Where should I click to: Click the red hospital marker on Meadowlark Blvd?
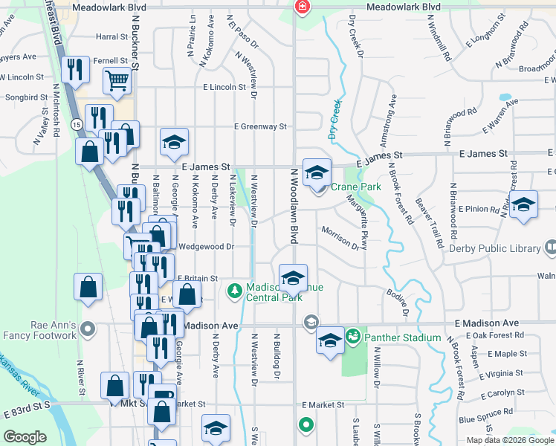[302, 7]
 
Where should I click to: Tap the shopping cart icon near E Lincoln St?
[117, 81]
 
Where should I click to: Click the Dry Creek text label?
[334, 120]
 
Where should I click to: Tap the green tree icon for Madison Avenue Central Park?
[235, 289]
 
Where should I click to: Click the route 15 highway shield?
[77, 123]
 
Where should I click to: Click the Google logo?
[25, 437]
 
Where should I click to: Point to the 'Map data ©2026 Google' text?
[510, 440]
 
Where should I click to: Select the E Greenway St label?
[260, 127]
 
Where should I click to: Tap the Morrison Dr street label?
[340, 239]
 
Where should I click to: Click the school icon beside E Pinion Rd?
[523, 206]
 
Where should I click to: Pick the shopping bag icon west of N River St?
[88, 288]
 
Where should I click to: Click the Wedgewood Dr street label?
[207, 246]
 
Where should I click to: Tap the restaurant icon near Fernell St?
[76, 71]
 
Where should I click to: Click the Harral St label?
[112, 36]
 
